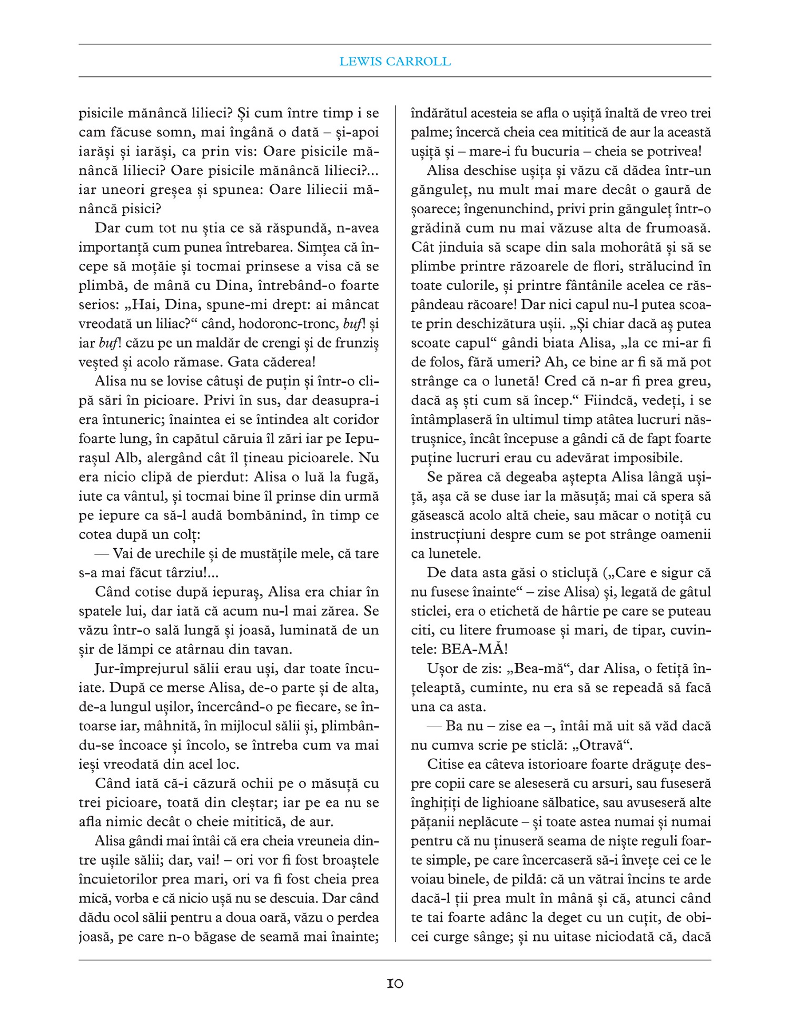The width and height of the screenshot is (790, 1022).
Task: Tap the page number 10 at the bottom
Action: (x=395, y=984)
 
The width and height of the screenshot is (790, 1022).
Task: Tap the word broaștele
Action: (x=345, y=860)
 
